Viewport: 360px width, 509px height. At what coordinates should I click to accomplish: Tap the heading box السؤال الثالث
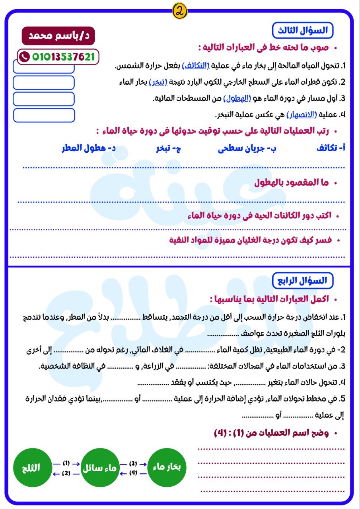click(x=303, y=30)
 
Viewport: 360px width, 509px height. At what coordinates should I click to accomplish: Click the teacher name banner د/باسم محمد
click(x=58, y=36)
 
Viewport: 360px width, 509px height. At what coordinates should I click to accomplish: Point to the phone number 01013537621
click(x=63, y=57)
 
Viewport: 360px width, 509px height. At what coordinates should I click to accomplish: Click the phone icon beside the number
click(x=25, y=57)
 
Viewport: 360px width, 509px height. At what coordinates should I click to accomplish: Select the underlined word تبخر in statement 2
click(x=158, y=83)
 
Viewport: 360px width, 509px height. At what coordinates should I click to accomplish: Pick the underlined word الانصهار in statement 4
click(x=302, y=115)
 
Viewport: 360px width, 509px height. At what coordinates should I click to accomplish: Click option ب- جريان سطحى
click(x=247, y=148)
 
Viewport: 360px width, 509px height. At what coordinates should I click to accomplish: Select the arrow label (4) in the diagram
click(x=133, y=473)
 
